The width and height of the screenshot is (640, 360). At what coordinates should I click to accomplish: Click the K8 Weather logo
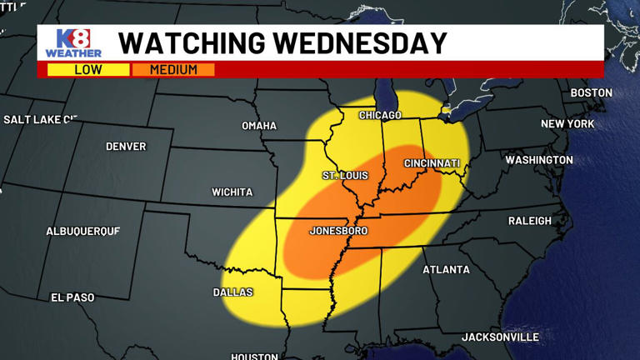pyautogui.click(x=73, y=43)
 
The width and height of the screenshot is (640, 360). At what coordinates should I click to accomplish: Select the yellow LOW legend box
pyautogui.click(x=87, y=70)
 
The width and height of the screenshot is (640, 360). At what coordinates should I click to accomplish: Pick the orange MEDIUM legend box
pyautogui.click(x=173, y=70)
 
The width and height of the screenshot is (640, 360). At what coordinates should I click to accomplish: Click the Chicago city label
pyautogui.click(x=380, y=115)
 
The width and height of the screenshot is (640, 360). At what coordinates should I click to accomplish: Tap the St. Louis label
pyautogui.click(x=345, y=176)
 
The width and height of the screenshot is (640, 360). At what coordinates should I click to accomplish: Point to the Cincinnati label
pyautogui.click(x=432, y=163)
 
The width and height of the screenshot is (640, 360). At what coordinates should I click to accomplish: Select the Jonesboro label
pyautogui.click(x=338, y=231)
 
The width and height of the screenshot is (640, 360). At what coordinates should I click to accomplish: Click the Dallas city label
pyautogui.click(x=232, y=292)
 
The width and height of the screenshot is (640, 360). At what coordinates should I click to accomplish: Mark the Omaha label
pyautogui.click(x=259, y=126)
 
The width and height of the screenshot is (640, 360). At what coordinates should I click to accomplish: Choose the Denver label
pyautogui.click(x=126, y=147)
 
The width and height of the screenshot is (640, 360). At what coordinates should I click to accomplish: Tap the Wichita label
pyautogui.click(x=232, y=192)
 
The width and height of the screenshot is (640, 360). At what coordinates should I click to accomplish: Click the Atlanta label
pyautogui.click(x=446, y=270)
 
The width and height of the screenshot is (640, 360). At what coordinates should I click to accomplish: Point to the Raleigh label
pyautogui.click(x=530, y=221)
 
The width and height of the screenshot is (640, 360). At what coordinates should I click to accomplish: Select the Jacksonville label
pyautogui.click(x=500, y=337)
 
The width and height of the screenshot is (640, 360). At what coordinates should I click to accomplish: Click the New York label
pyautogui.click(x=567, y=124)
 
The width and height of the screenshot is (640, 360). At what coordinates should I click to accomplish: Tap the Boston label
pyautogui.click(x=591, y=93)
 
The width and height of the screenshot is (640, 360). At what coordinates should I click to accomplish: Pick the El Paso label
pyautogui.click(x=72, y=297)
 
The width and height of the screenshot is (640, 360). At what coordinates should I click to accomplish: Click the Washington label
pyautogui.click(x=539, y=160)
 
